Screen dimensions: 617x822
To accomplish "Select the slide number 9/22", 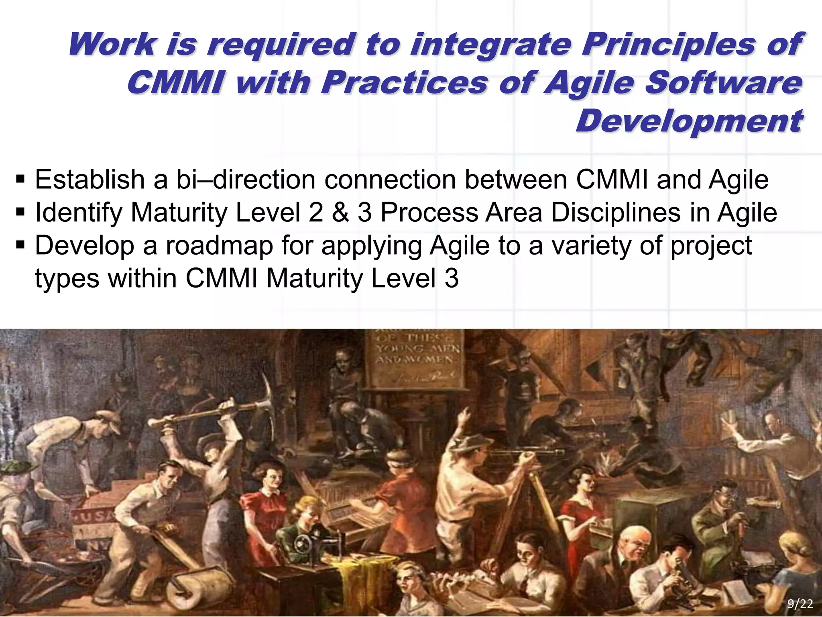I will pyautogui.click(x=800, y=604).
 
